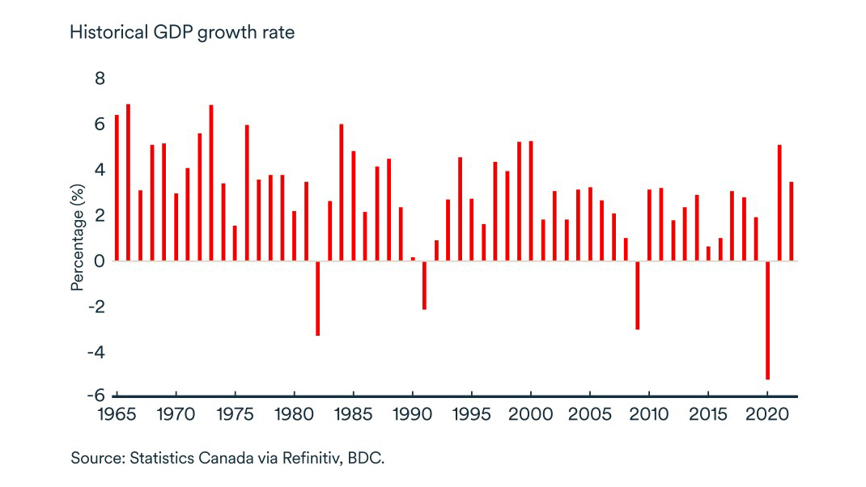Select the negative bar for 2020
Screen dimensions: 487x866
(x=767, y=320)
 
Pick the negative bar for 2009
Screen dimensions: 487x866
(x=637, y=294)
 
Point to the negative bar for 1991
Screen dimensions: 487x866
(x=424, y=285)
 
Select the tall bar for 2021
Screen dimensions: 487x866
(x=779, y=203)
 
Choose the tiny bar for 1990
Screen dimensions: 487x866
(x=413, y=259)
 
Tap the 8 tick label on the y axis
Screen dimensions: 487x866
(x=100, y=78)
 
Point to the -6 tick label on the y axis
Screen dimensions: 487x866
(x=96, y=395)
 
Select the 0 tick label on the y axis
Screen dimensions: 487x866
(x=100, y=260)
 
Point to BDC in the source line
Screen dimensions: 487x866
(x=369, y=458)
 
